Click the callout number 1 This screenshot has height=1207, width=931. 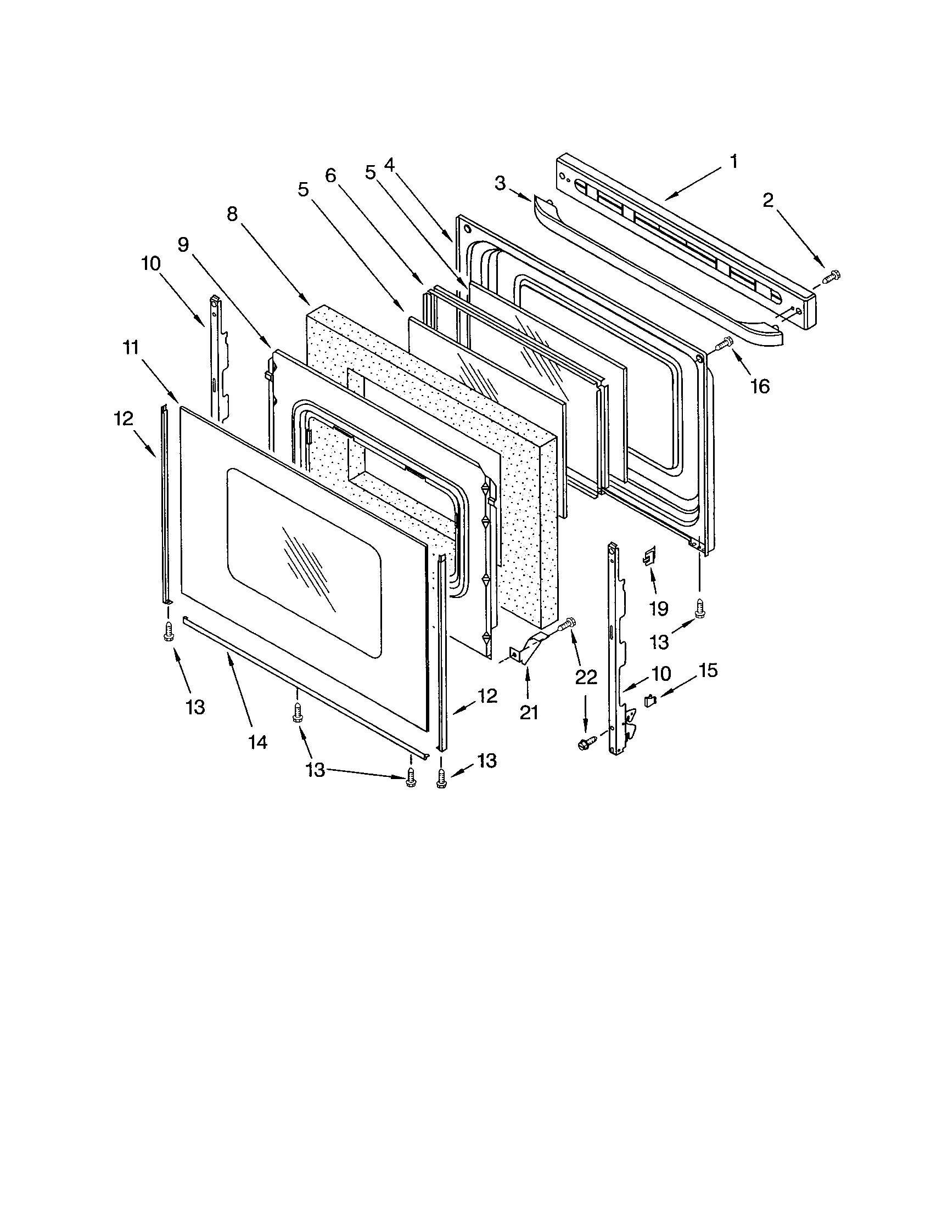click(733, 162)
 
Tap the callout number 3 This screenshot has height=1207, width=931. click(500, 183)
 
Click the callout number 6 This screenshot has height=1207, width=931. click(330, 176)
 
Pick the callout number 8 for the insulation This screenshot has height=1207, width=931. click(232, 214)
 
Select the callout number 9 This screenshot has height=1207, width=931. click(183, 244)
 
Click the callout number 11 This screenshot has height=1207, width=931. click(132, 348)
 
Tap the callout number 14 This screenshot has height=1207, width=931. click(257, 742)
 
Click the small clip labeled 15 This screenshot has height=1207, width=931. click(649, 701)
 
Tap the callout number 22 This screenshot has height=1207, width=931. click(586, 677)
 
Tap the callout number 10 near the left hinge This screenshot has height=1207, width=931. click(150, 263)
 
